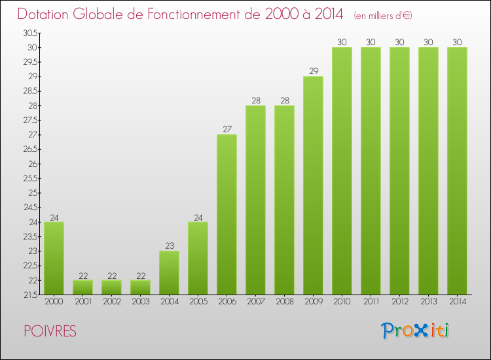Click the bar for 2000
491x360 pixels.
coord(54,258)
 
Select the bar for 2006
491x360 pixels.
coord(227,214)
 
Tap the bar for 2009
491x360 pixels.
coord(313,185)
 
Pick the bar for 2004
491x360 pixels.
coord(169,272)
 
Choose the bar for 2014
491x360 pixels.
coord(457,171)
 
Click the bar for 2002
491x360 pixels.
coord(111,287)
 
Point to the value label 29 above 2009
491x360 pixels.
coord(313,71)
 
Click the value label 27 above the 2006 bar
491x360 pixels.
coord(227,129)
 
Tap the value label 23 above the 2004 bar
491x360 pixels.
coord(169,245)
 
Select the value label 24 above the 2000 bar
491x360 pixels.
coord(54,217)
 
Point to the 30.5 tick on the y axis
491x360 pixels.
coord(30,33)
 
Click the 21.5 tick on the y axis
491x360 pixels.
coord(30,295)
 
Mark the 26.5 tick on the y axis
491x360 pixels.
coord(30,149)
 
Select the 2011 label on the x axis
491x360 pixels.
coord(371,302)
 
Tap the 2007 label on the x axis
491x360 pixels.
coord(255,302)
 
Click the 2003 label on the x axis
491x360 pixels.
coord(140,302)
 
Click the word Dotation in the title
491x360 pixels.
coord(48,14)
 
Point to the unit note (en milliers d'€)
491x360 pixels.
coord(383,15)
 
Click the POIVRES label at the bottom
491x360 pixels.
coord(48,332)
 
